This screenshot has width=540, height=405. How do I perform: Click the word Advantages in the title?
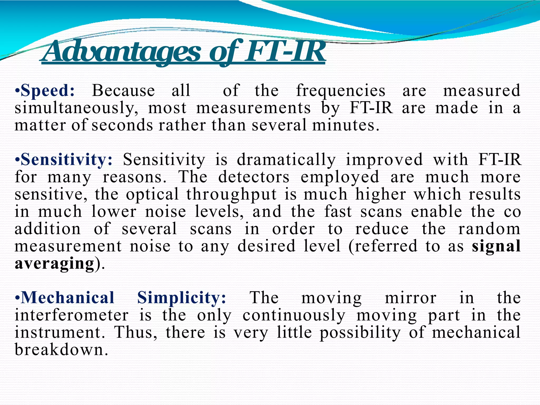pyautogui.click(x=121, y=51)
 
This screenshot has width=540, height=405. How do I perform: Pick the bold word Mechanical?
pyautogui.click(x=67, y=298)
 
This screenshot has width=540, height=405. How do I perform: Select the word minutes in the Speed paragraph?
pyautogui.click(x=345, y=125)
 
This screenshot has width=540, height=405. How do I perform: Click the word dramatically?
pyautogui.click(x=286, y=160)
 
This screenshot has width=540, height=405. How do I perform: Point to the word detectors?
pyautogui.click(x=254, y=177)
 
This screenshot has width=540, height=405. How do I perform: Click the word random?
pyautogui.click(x=489, y=229)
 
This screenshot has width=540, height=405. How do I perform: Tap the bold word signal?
pyautogui.click(x=496, y=246)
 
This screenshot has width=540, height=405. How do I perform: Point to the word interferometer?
pyautogui.click(x=71, y=315)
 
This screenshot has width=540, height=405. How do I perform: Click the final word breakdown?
pyautogui.click(x=61, y=350)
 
